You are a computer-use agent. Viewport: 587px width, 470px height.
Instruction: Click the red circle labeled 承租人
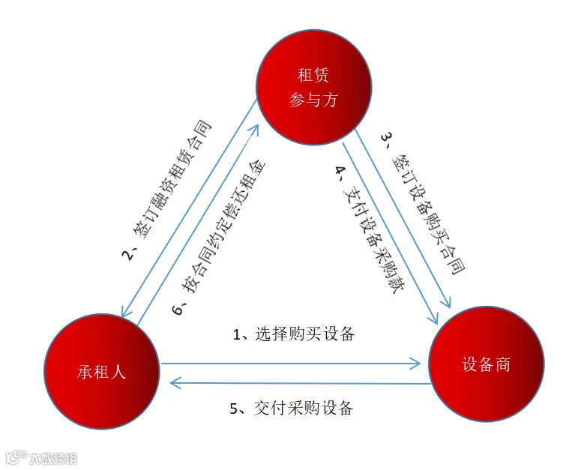102,371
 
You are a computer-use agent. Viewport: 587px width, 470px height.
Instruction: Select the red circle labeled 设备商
487,364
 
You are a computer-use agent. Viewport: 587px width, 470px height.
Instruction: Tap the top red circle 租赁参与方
313,87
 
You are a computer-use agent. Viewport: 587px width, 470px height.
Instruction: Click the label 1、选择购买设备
294,334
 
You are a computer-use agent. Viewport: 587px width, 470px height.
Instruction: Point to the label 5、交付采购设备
292,408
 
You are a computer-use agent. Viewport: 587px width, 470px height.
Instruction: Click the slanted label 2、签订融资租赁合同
166,190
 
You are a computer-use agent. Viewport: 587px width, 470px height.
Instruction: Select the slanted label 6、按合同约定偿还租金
219,237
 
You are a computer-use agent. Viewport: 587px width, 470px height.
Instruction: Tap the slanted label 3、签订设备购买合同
423,204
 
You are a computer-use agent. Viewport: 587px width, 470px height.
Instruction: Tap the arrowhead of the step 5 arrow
175,383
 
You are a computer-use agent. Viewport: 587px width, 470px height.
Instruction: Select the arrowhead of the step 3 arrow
446,302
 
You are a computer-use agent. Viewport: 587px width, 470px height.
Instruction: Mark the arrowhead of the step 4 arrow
433,319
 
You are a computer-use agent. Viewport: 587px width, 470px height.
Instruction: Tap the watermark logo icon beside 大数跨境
16,457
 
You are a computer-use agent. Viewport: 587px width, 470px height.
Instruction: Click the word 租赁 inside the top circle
313,75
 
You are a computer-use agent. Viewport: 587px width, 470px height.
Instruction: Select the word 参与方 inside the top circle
313,100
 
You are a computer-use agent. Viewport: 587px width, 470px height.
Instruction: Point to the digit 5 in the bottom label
234,409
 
